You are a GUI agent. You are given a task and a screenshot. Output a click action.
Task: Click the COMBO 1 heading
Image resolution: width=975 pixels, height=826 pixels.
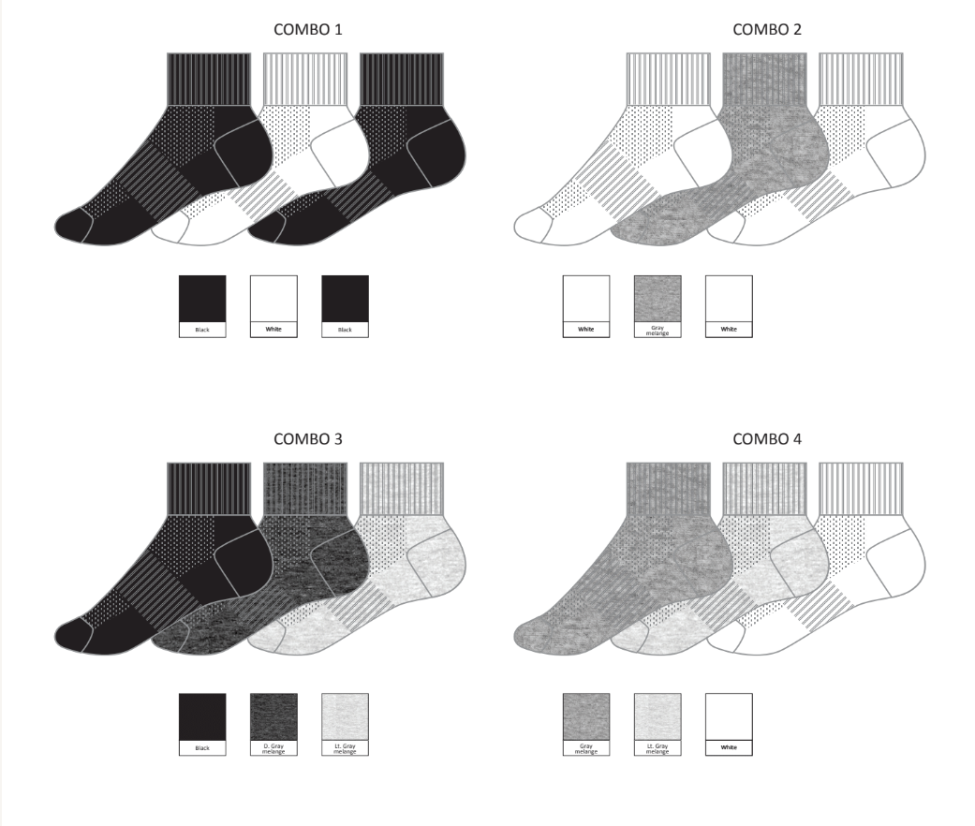pyautogui.click(x=307, y=29)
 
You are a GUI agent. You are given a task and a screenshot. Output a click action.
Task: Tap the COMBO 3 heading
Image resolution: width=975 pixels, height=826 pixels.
pyautogui.click(x=307, y=438)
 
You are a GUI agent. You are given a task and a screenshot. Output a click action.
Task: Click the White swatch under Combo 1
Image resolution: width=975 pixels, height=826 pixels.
pyautogui.click(x=273, y=298)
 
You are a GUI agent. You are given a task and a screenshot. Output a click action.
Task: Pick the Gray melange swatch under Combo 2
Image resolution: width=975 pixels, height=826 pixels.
pyautogui.click(x=657, y=298)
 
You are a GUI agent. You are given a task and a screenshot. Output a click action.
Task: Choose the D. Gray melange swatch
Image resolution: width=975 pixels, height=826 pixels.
pyautogui.click(x=273, y=715)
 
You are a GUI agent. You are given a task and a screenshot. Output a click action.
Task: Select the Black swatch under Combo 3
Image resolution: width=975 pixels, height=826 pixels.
pyautogui.click(x=202, y=715)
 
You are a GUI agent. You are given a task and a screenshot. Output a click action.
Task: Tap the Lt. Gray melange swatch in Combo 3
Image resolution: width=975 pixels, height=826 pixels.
pyautogui.click(x=345, y=715)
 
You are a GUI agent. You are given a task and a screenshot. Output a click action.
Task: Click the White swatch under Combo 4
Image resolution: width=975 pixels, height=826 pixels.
pyautogui.click(x=729, y=715)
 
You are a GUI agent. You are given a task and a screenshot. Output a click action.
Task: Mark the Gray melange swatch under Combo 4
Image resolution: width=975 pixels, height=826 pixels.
pyautogui.click(x=586, y=715)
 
